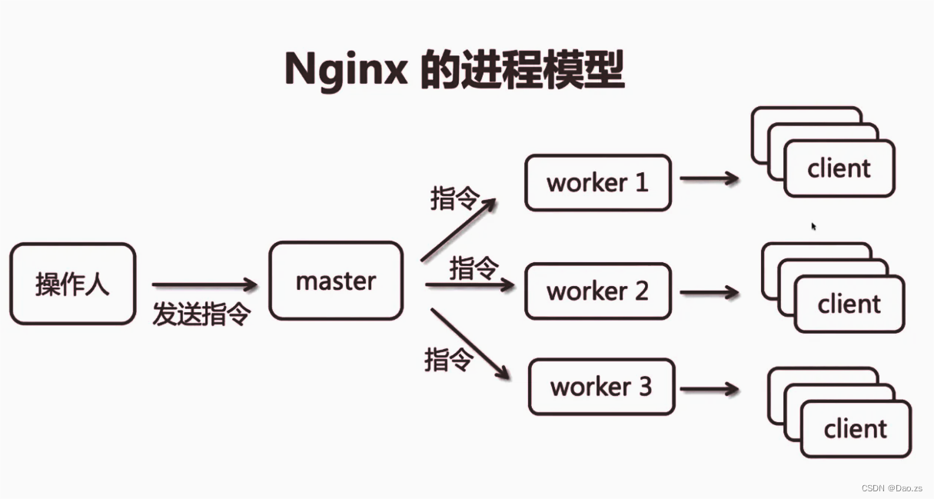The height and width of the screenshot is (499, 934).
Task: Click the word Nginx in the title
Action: [344, 70]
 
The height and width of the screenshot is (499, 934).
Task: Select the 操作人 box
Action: [72, 284]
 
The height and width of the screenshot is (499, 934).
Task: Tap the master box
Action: [336, 281]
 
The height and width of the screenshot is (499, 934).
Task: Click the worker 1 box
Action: [597, 183]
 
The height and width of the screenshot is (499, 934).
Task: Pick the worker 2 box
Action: [597, 291]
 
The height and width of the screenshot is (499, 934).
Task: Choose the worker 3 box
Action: [601, 386]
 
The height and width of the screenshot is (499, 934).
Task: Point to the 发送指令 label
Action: [201, 314]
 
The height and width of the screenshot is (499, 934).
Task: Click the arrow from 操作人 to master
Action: [204, 285]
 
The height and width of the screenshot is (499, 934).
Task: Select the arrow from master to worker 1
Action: [459, 228]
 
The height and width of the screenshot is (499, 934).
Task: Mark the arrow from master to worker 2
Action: [469, 285]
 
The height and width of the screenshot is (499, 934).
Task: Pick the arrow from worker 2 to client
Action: [709, 292]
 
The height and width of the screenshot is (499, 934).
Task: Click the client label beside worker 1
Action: [839, 168]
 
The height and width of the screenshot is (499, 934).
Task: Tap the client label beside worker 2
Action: [849, 304]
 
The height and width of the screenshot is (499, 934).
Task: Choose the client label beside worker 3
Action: [855, 428]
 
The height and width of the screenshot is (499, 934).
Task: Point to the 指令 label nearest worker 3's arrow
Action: [447, 359]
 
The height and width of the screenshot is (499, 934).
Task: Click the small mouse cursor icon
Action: [813, 226]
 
